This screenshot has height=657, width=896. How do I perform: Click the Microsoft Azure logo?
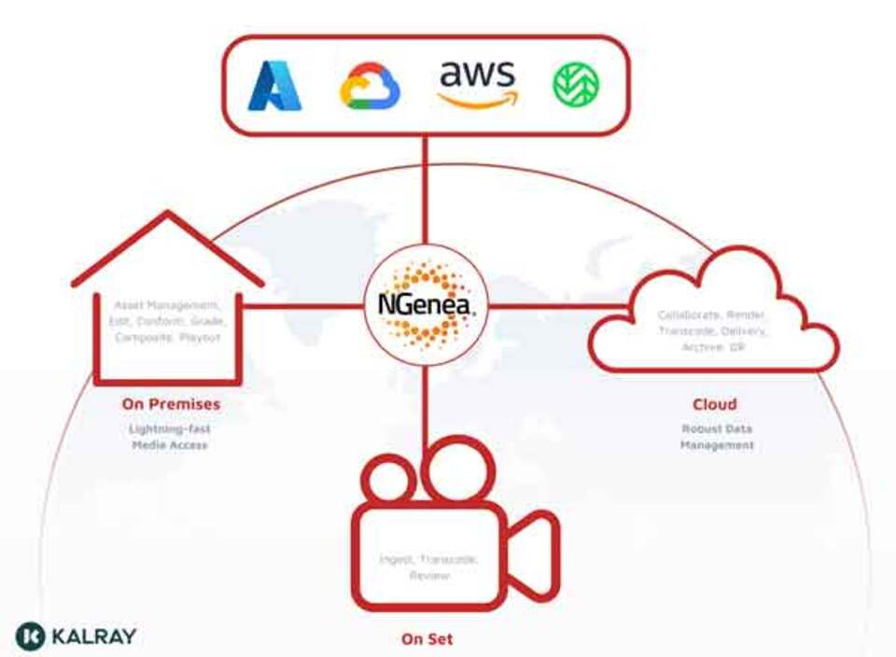(x=274, y=85)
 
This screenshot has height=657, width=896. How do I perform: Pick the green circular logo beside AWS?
(x=576, y=85)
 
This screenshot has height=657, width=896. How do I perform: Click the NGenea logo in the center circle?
(x=425, y=306)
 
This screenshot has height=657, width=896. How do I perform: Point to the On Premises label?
(x=171, y=404)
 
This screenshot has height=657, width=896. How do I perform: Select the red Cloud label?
(x=714, y=404)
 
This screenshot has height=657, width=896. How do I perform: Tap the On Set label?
(x=427, y=639)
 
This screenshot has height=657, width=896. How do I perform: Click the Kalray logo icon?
(x=31, y=636)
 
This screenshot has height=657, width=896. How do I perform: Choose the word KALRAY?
(x=94, y=636)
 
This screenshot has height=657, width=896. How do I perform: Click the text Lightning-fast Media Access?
(x=170, y=437)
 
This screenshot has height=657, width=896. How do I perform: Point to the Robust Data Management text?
(x=716, y=437)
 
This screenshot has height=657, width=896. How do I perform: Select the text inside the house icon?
(x=168, y=321)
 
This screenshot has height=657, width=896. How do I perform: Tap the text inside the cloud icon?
(x=711, y=330)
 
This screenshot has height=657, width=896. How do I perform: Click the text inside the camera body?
(x=428, y=567)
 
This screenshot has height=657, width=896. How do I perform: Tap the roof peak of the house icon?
(x=168, y=217)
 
